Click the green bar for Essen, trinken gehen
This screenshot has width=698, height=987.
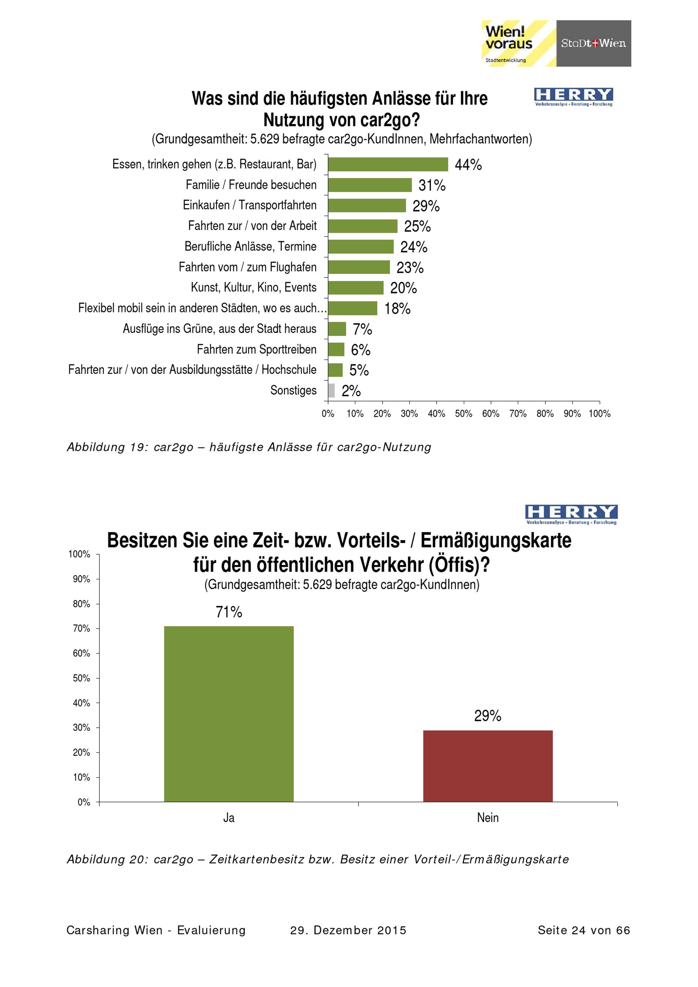(388, 164)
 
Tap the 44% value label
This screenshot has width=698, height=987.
(468, 165)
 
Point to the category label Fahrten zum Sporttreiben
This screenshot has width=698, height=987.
(257, 349)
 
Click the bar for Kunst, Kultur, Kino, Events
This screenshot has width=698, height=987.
(355, 288)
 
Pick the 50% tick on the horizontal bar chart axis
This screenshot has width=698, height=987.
(463, 414)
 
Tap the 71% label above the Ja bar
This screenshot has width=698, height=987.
(229, 612)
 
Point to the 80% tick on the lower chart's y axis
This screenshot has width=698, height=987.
(81, 604)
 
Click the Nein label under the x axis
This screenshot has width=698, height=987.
(488, 818)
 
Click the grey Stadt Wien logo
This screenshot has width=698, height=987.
(594, 43)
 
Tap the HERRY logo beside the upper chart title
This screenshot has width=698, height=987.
(573, 97)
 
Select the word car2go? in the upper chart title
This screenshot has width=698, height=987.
(390, 120)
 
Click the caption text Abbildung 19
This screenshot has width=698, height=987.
(107, 447)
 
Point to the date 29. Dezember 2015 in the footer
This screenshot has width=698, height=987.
(348, 930)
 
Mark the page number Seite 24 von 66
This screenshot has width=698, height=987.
(584, 930)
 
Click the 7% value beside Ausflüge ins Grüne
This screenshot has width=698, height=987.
(362, 329)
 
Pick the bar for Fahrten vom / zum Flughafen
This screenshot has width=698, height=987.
(358, 267)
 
